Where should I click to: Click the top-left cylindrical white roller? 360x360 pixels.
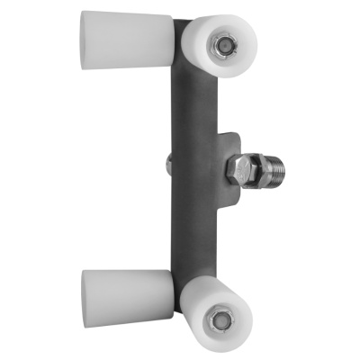pyautogui.click(x=126, y=40)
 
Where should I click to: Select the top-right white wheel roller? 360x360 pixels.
pyautogui.click(x=220, y=47)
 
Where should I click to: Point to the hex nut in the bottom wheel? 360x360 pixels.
pyautogui.click(x=219, y=319)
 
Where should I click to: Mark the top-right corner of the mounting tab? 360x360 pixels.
pyautogui.click(x=238, y=133)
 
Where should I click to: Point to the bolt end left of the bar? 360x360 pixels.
pyautogui.click(x=169, y=166)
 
